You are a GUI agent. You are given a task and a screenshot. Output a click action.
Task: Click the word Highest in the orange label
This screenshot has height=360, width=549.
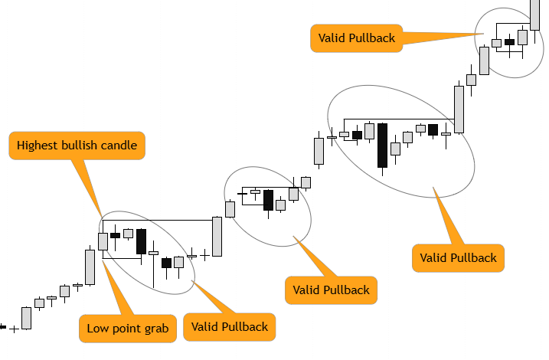point(39,145)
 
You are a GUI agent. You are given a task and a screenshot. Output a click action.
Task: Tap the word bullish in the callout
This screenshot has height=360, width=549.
point(80,145)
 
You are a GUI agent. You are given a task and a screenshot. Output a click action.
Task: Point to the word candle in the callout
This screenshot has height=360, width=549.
point(119,145)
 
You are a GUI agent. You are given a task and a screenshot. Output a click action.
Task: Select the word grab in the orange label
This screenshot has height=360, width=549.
point(155,328)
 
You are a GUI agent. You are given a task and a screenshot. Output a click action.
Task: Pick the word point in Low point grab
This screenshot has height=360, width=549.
point(126,328)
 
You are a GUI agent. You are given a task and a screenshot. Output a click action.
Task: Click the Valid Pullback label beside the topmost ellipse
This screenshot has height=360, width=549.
point(356,38)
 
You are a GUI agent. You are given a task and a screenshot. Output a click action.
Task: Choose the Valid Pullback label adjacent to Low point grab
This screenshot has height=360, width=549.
point(230,327)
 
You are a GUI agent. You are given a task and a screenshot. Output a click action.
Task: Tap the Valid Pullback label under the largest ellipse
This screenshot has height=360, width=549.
point(458,257)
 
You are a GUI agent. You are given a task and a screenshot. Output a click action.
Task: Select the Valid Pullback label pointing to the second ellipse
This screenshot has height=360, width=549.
point(330,290)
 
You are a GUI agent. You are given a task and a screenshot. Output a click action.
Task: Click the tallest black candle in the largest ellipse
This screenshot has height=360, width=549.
point(382,145)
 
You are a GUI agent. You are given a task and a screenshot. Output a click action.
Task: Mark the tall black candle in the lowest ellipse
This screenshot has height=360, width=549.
point(141,241)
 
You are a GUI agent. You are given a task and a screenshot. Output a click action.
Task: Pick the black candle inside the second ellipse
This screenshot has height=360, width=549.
point(268,200)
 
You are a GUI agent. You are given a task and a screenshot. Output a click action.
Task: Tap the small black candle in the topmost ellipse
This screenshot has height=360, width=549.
point(509,42)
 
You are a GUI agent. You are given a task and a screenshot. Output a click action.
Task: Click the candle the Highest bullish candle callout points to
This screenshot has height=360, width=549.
point(103,241)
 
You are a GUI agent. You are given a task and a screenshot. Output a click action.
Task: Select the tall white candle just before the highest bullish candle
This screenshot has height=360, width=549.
point(90,267)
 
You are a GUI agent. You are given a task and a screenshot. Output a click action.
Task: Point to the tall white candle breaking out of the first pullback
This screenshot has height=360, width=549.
point(217,237)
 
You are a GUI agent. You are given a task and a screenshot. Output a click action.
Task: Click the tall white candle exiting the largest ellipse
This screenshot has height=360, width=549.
point(459,109)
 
